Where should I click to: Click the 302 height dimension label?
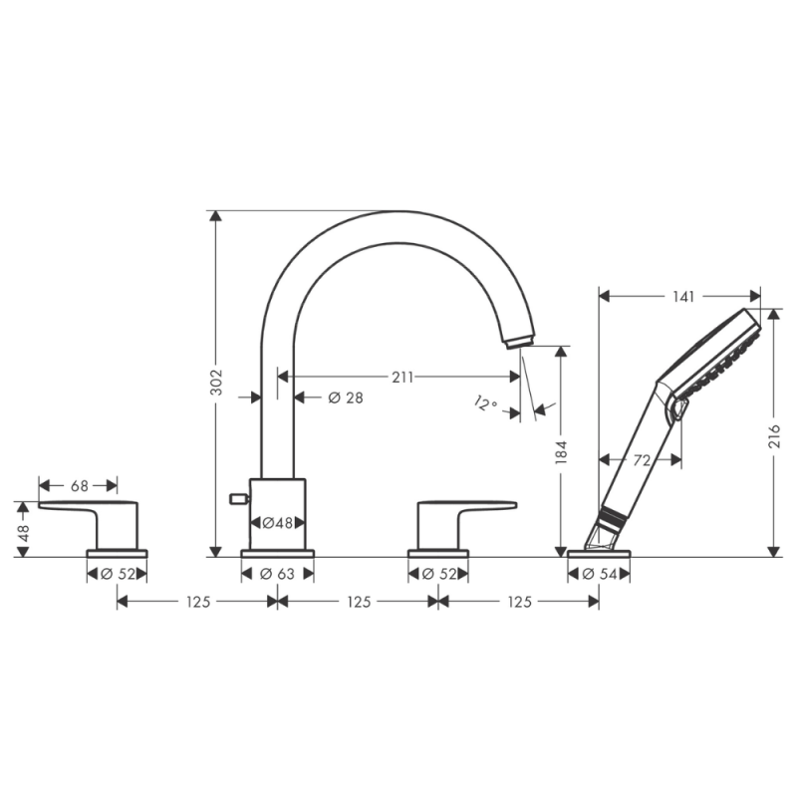coord(216,383)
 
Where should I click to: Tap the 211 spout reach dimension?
coord(402,378)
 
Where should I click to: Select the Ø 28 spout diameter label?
coord(346,398)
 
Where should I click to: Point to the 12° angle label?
coord(485,403)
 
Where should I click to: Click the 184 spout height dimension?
coord(561,453)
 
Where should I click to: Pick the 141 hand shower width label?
coord(683,296)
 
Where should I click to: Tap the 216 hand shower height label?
coord(774,436)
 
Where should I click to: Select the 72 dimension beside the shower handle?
coord(642,460)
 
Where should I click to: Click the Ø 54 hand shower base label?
coord(600,575)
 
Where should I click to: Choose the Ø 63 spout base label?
coord(278,575)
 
